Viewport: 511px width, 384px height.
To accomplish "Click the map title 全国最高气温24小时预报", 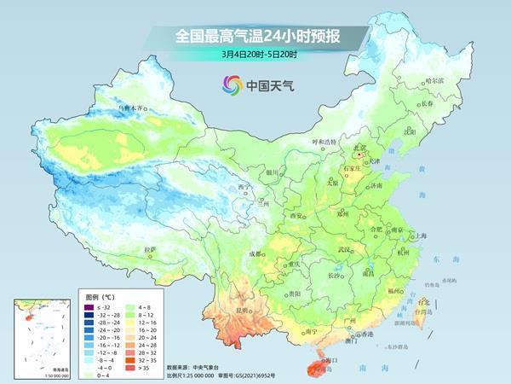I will [x=255, y=36].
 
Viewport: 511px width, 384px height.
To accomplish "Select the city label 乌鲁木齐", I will [x=132, y=109].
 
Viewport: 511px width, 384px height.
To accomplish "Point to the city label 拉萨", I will [x=151, y=249].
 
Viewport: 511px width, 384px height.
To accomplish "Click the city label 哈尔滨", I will [x=433, y=80].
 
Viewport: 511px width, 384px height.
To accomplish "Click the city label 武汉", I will [x=344, y=249].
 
